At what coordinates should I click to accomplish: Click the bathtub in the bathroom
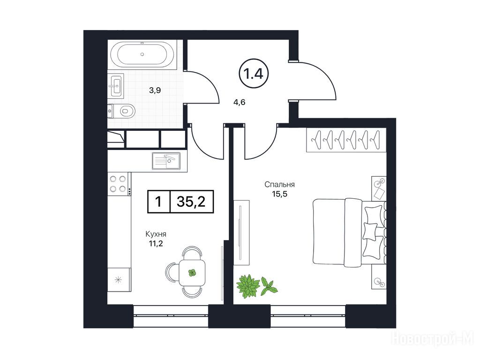[142, 54]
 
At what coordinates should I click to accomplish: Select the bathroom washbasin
[116, 85]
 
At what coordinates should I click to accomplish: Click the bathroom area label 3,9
[155, 90]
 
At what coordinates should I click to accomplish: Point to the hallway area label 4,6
[240, 102]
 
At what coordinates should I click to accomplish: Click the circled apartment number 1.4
[253, 74]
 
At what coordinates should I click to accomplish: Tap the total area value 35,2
[191, 202]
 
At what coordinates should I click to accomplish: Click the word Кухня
[156, 234]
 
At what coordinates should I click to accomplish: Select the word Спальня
[279, 185]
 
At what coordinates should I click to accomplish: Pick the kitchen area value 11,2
[156, 244]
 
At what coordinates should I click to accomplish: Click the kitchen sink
[166, 161]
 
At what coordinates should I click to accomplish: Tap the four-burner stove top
[118, 183]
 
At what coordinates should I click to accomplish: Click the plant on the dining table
[192, 272]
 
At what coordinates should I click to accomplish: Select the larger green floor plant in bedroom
[247, 285]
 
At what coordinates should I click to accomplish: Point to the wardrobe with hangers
[346, 140]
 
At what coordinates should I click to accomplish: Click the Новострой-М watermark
[433, 339]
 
